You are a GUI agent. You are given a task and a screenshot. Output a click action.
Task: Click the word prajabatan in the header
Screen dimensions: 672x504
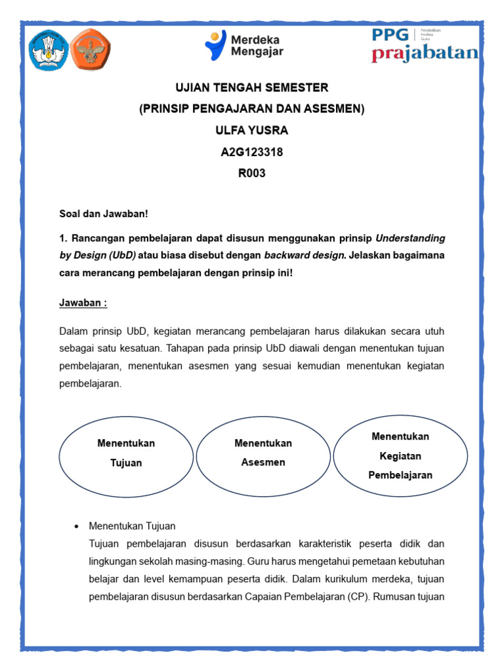425,54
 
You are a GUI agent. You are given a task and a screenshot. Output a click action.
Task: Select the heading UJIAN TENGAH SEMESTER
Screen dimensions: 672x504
251,88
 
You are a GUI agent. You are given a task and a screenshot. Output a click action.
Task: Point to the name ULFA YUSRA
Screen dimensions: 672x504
251,131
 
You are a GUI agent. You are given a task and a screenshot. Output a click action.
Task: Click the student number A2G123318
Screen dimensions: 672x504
251,152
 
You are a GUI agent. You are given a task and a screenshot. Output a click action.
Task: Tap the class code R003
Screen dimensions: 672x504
251,174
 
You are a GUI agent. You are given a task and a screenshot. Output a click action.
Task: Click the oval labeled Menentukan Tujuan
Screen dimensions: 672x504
126,453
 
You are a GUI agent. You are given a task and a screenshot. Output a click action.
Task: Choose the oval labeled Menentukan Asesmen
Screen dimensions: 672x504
263,453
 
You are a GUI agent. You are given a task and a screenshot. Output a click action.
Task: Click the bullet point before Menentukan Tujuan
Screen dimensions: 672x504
77,527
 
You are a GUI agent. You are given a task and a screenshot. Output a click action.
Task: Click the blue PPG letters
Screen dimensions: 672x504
390,34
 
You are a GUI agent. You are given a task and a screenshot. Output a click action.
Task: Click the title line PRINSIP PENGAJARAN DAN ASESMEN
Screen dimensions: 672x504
251,109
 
